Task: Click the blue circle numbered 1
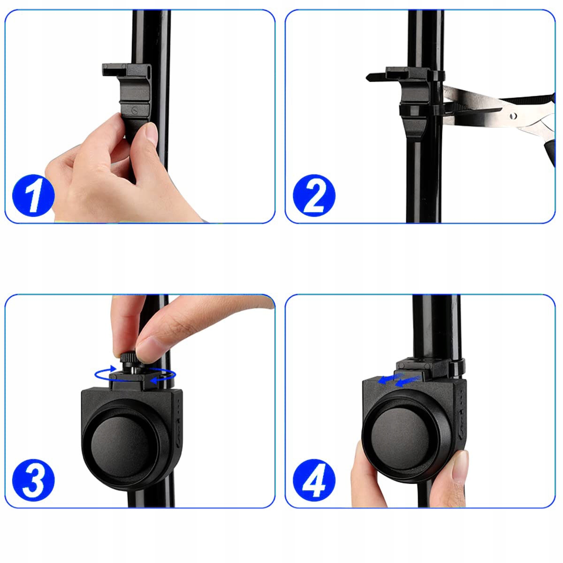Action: point(33,196)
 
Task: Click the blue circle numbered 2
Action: point(314,196)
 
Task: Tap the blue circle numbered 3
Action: point(33,480)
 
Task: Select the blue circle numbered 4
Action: point(314,480)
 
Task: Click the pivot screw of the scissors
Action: point(513,116)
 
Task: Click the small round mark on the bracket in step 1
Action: point(135,110)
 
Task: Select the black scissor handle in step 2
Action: point(551,152)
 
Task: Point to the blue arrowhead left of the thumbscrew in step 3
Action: point(113,368)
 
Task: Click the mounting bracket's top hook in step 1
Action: point(114,69)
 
